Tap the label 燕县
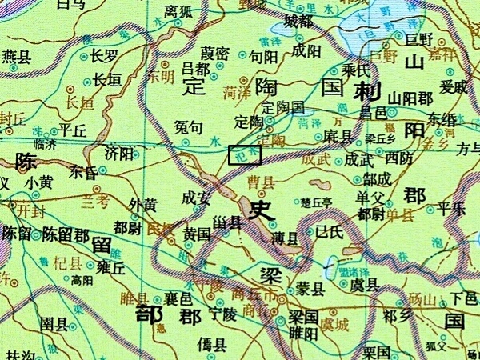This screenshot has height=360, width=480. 17,57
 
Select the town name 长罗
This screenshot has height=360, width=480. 105,57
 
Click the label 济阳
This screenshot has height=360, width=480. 119,154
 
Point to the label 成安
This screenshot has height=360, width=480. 197,197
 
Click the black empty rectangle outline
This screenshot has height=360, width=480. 245,155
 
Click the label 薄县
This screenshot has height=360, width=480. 285,238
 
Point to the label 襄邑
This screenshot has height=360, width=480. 178,298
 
